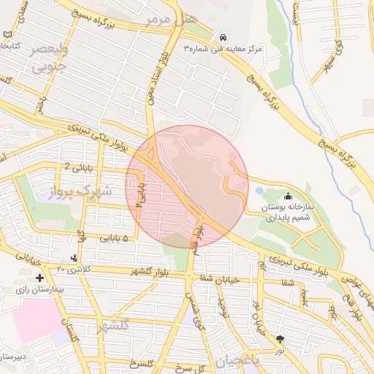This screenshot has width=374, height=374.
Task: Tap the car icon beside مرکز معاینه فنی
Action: tap(222, 37)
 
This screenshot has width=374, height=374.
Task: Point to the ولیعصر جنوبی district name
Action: tap(50, 59)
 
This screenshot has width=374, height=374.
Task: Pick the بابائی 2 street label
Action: tap(79, 167)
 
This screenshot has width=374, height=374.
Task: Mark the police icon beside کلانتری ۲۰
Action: tap(75, 258)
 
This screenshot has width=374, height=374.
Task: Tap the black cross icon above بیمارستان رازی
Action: tap(39, 278)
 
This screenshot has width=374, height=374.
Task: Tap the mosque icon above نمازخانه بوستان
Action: tap(288, 195)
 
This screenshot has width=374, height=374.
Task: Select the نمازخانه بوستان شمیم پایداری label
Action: tap(287, 212)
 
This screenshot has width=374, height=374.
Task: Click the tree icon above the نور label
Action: tap(280, 338)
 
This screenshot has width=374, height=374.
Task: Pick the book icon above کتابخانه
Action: tap(8, 34)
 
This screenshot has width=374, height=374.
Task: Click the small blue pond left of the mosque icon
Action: tap(259, 191)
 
